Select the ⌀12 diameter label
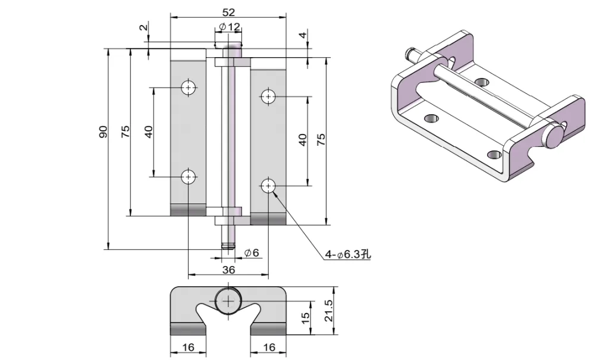229,27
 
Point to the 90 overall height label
102,132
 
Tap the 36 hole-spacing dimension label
228,270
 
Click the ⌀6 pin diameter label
252,253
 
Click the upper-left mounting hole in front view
189,87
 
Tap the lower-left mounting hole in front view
189,177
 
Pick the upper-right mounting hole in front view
268,96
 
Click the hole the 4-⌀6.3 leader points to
268,186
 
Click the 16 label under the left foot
188,348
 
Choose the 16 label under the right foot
268,348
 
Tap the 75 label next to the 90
125,132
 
